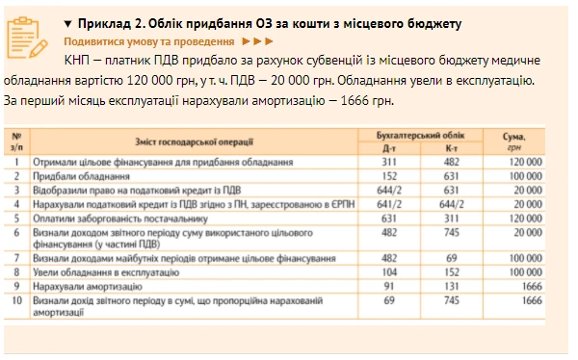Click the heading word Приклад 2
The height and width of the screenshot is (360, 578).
107,22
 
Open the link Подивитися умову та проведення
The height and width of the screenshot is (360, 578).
148,42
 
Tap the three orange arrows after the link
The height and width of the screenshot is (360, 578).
258,42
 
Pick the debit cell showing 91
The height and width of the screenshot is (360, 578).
389,287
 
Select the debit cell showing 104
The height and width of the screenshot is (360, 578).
389,273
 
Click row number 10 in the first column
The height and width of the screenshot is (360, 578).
15,300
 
